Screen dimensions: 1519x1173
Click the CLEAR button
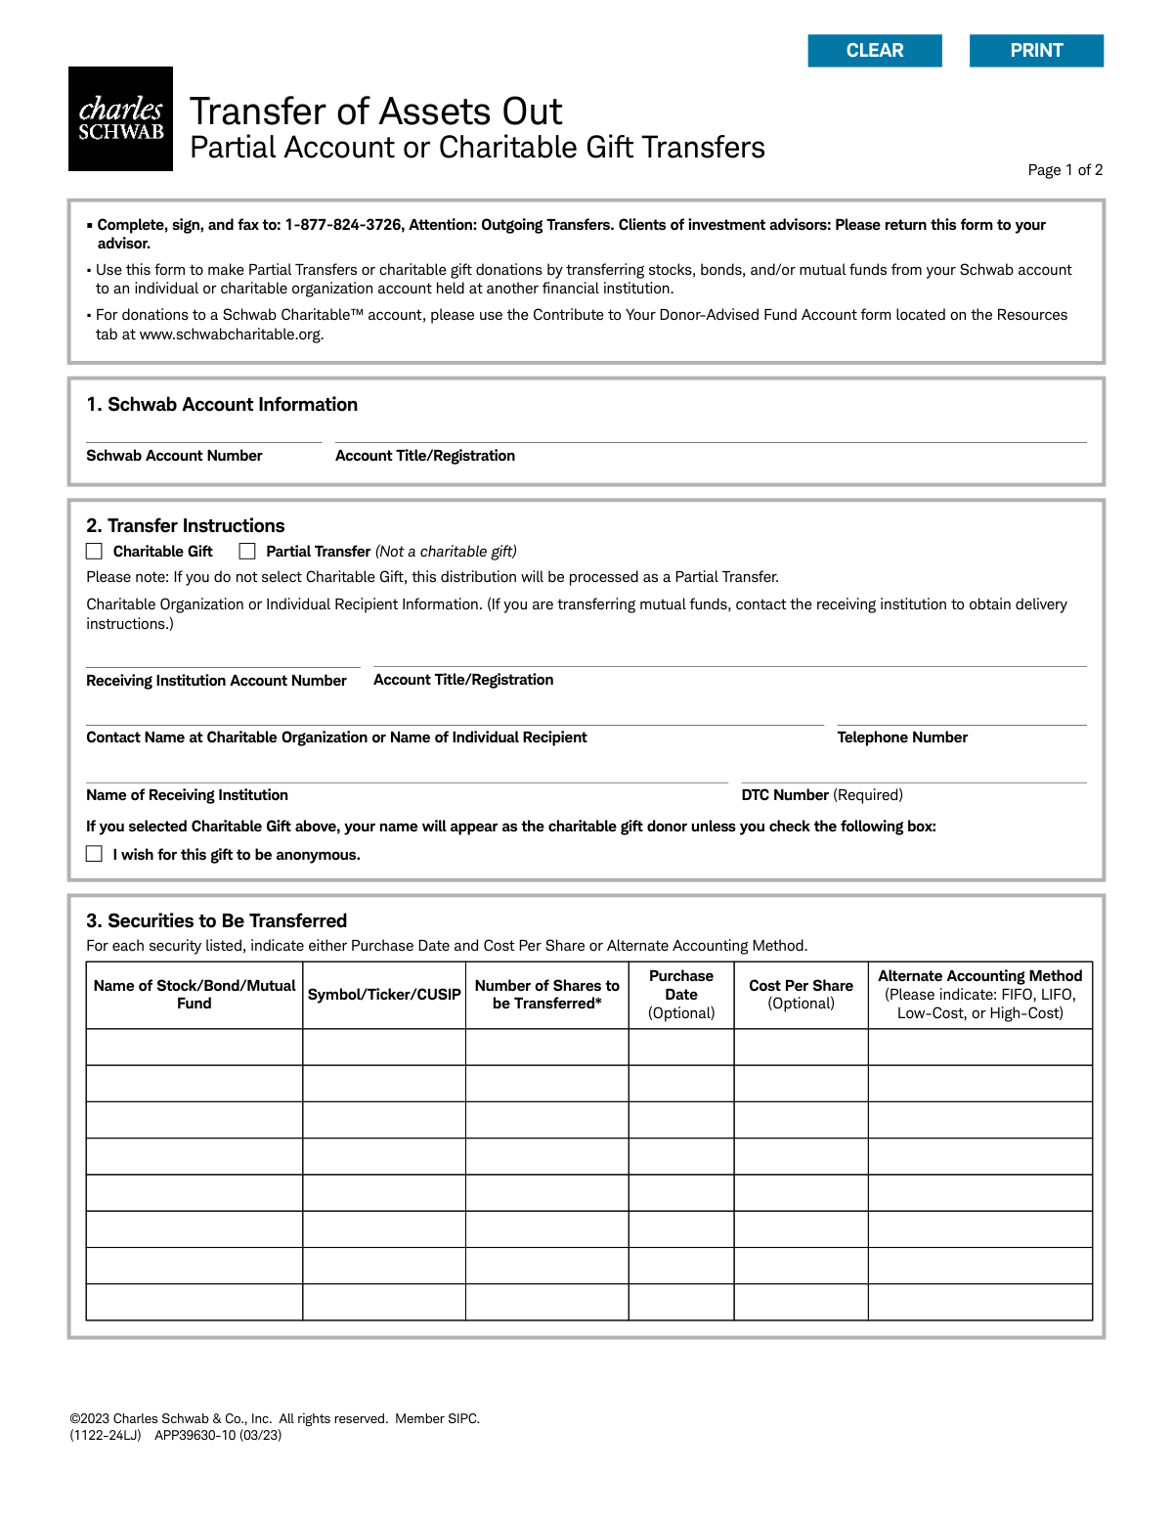(875, 51)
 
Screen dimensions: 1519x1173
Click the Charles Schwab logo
(120, 119)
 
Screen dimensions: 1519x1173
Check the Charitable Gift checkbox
(95, 552)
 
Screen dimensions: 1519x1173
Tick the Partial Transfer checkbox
(247, 552)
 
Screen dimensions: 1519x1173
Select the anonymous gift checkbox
(95, 854)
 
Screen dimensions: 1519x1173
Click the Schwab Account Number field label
(174, 456)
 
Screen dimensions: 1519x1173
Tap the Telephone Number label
(902, 737)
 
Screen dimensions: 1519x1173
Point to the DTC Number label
(785, 795)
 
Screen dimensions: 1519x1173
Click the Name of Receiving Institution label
(187, 795)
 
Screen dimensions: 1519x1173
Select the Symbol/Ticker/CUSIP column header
(384, 995)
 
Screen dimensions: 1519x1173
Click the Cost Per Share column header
(801, 994)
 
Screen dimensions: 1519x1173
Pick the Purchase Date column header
(681, 994)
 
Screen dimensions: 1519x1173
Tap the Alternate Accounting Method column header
(979, 994)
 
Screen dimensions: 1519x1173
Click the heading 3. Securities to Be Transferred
(216, 920)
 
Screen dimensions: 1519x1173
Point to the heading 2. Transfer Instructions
(186, 525)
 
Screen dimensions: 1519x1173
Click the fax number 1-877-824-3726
(343, 225)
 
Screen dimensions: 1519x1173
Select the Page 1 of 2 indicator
(1064, 170)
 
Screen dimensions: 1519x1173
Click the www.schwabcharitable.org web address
(230, 335)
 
